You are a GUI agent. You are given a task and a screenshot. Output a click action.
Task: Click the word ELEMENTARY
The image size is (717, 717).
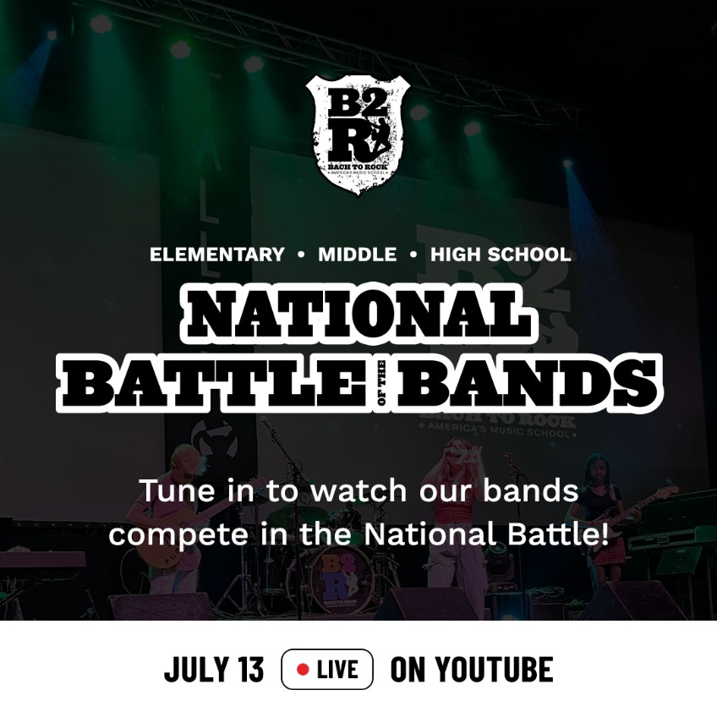coord(217,255)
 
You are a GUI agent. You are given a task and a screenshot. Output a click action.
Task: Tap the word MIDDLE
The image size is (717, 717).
coord(357,255)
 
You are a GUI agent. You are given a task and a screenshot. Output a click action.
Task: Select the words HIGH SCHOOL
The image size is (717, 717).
coord(501,255)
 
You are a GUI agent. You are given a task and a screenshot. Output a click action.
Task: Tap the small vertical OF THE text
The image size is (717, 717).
coord(380,383)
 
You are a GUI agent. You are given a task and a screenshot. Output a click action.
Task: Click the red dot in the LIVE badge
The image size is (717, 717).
coord(303,670)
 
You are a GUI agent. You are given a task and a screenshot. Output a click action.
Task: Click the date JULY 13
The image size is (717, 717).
coord(215,670)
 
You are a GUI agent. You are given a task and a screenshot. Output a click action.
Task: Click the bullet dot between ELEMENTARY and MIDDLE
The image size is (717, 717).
coord(302,255)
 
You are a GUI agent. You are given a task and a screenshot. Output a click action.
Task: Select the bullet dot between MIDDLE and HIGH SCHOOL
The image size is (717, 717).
coord(413,255)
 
